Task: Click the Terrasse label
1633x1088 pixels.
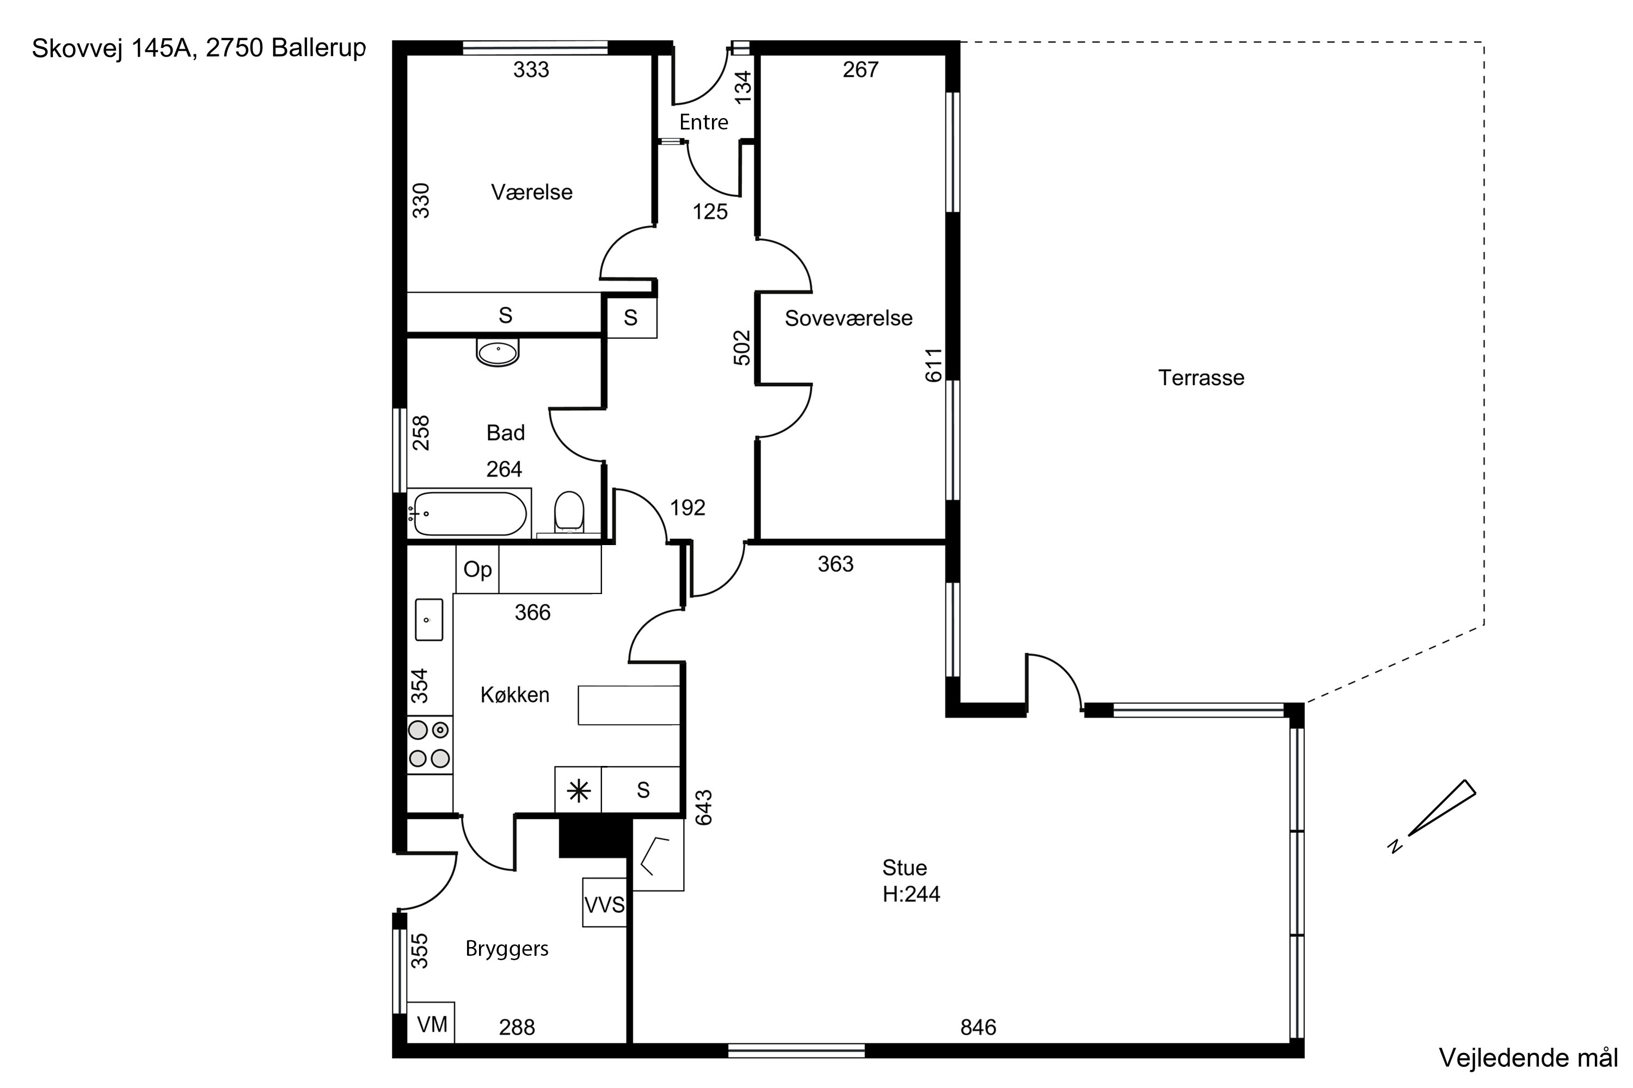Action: click(x=1201, y=378)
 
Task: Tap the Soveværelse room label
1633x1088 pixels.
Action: click(x=849, y=318)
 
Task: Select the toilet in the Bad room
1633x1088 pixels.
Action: click(x=569, y=512)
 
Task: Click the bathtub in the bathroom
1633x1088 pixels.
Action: click(x=469, y=514)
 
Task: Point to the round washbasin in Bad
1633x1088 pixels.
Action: click(x=497, y=352)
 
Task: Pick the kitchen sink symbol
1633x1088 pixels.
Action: click(x=429, y=620)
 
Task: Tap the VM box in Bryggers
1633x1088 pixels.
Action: click(x=431, y=1023)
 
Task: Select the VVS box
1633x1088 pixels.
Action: click(x=605, y=902)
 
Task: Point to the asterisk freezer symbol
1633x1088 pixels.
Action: click(x=578, y=790)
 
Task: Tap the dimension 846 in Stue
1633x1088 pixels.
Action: click(x=978, y=1027)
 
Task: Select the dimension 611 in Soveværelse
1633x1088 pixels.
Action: click(x=934, y=365)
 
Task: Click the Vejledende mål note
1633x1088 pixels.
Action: click(x=1528, y=1058)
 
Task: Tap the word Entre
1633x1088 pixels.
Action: click(x=703, y=122)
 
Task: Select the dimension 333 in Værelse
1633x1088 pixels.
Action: click(x=531, y=70)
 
